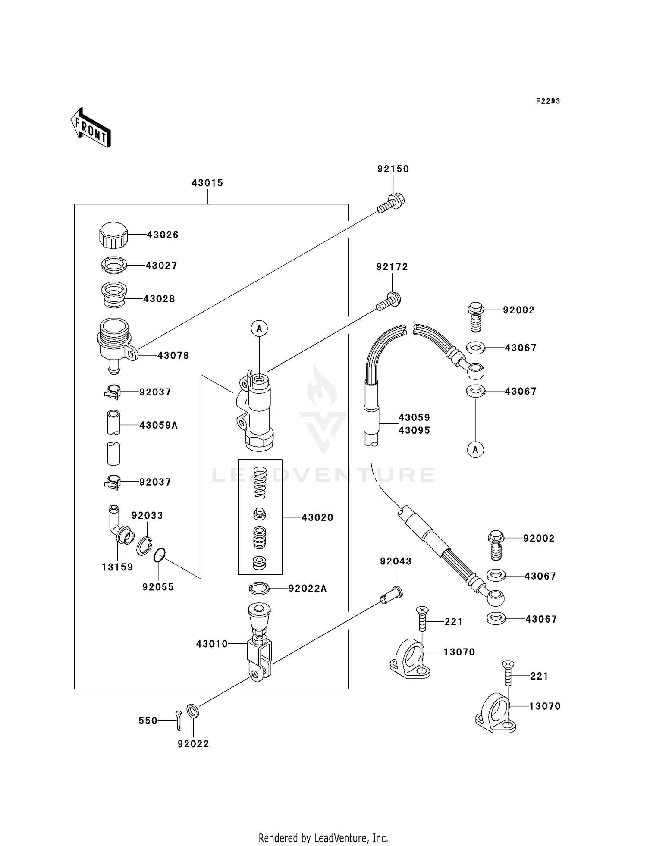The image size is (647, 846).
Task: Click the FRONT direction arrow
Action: tap(91, 128)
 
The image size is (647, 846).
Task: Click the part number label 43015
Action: tap(207, 183)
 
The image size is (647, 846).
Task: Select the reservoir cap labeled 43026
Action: tap(113, 235)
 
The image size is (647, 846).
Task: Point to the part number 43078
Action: tap(173, 356)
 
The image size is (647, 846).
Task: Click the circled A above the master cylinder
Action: tap(259, 329)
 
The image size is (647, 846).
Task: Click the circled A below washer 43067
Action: tap(475, 450)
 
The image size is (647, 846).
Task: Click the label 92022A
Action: tap(308, 589)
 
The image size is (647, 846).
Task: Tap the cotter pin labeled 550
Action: tap(179, 720)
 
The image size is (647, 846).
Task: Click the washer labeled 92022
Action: tap(193, 711)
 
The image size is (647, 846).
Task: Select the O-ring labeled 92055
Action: tap(159, 555)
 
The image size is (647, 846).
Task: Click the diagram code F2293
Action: tap(548, 101)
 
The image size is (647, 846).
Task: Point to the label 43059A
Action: tap(158, 426)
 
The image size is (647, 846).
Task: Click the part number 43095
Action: tap(414, 430)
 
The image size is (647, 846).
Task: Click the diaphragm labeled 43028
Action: tap(114, 295)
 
